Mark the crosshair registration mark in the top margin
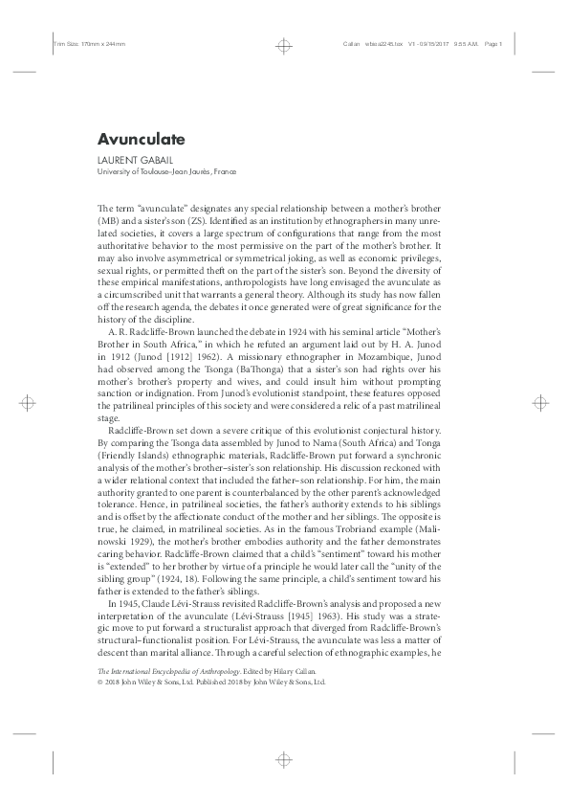point(284,45)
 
